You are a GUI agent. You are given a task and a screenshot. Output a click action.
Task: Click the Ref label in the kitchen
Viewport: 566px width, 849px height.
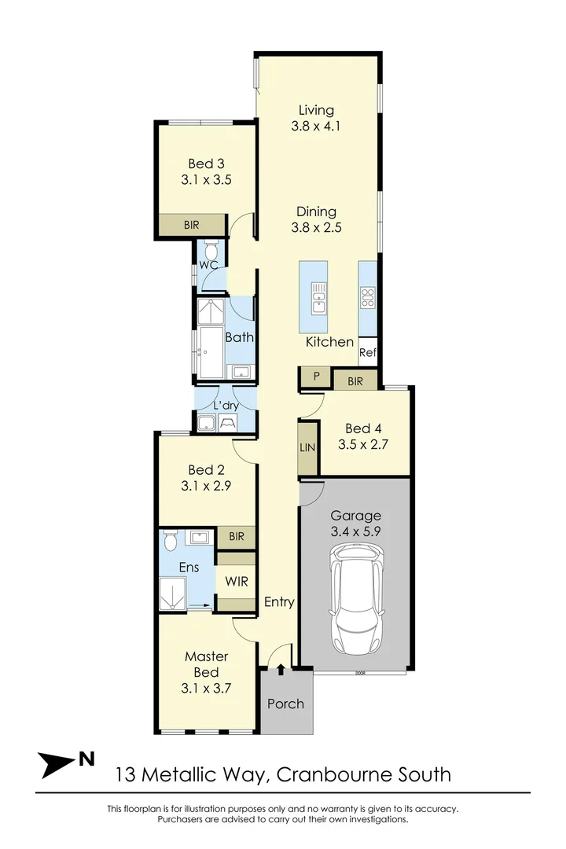[x=368, y=353]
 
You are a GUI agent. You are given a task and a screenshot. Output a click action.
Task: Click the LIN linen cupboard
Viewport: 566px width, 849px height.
[x=307, y=447]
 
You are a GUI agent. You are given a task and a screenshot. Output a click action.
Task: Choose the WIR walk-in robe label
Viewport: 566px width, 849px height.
[x=237, y=583]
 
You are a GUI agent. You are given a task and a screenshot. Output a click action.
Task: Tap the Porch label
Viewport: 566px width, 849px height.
[x=285, y=703]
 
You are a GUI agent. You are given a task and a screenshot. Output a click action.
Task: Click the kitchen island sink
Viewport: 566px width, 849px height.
[x=318, y=298]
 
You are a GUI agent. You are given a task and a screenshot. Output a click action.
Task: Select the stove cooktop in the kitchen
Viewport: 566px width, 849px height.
[x=368, y=297]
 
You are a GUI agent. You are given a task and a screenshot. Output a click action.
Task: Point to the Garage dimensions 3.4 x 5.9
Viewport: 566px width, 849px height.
[x=355, y=532]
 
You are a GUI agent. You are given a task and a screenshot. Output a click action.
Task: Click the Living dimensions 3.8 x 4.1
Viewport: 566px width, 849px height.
[x=315, y=126]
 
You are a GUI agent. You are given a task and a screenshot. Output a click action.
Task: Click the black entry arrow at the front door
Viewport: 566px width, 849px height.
[x=281, y=668]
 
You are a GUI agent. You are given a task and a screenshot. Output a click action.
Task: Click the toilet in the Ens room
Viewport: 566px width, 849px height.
[x=170, y=541]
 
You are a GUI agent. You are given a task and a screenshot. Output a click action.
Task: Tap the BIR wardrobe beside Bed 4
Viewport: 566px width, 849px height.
[x=355, y=380]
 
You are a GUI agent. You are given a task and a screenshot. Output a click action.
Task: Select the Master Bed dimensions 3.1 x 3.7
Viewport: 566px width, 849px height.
[x=206, y=689]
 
